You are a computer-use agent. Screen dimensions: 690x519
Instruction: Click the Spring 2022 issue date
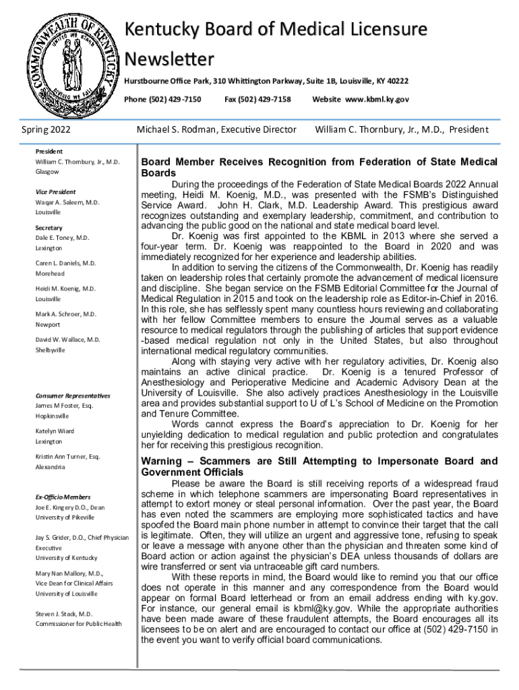point(47,129)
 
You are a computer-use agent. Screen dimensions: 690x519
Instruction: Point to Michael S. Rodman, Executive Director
point(216,129)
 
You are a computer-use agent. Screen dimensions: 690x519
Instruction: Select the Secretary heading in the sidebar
point(49,228)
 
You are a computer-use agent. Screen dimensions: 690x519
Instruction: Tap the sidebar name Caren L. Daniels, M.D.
point(65,263)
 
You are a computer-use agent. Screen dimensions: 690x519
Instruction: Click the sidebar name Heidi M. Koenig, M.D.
point(65,288)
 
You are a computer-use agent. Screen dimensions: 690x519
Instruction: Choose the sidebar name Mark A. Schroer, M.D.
point(66,314)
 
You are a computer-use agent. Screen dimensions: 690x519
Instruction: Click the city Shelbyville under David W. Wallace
point(51,350)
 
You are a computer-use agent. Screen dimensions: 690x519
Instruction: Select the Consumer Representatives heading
point(73,396)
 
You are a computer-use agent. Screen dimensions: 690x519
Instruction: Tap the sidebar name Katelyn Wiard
point(55,431)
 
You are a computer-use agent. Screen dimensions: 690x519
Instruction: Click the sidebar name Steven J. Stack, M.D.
point(64,614)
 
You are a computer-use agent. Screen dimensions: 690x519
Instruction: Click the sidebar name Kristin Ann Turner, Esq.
point(67,457)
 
